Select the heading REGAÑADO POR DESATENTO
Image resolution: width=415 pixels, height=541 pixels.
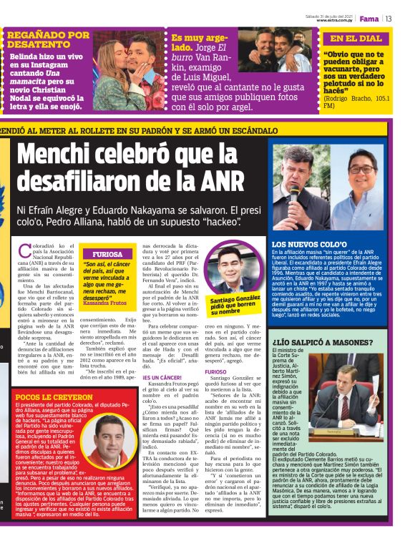(48, 39)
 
